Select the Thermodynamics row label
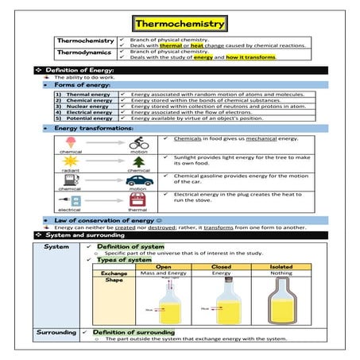[x=81, y=53]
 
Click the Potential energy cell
[x=84, y=119]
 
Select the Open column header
[x=165, y=266]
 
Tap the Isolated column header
[x=276, y=266]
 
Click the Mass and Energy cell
[x=165, y=274]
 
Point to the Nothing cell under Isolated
[x=276, y=274]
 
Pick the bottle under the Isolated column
[x=276, y=300]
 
